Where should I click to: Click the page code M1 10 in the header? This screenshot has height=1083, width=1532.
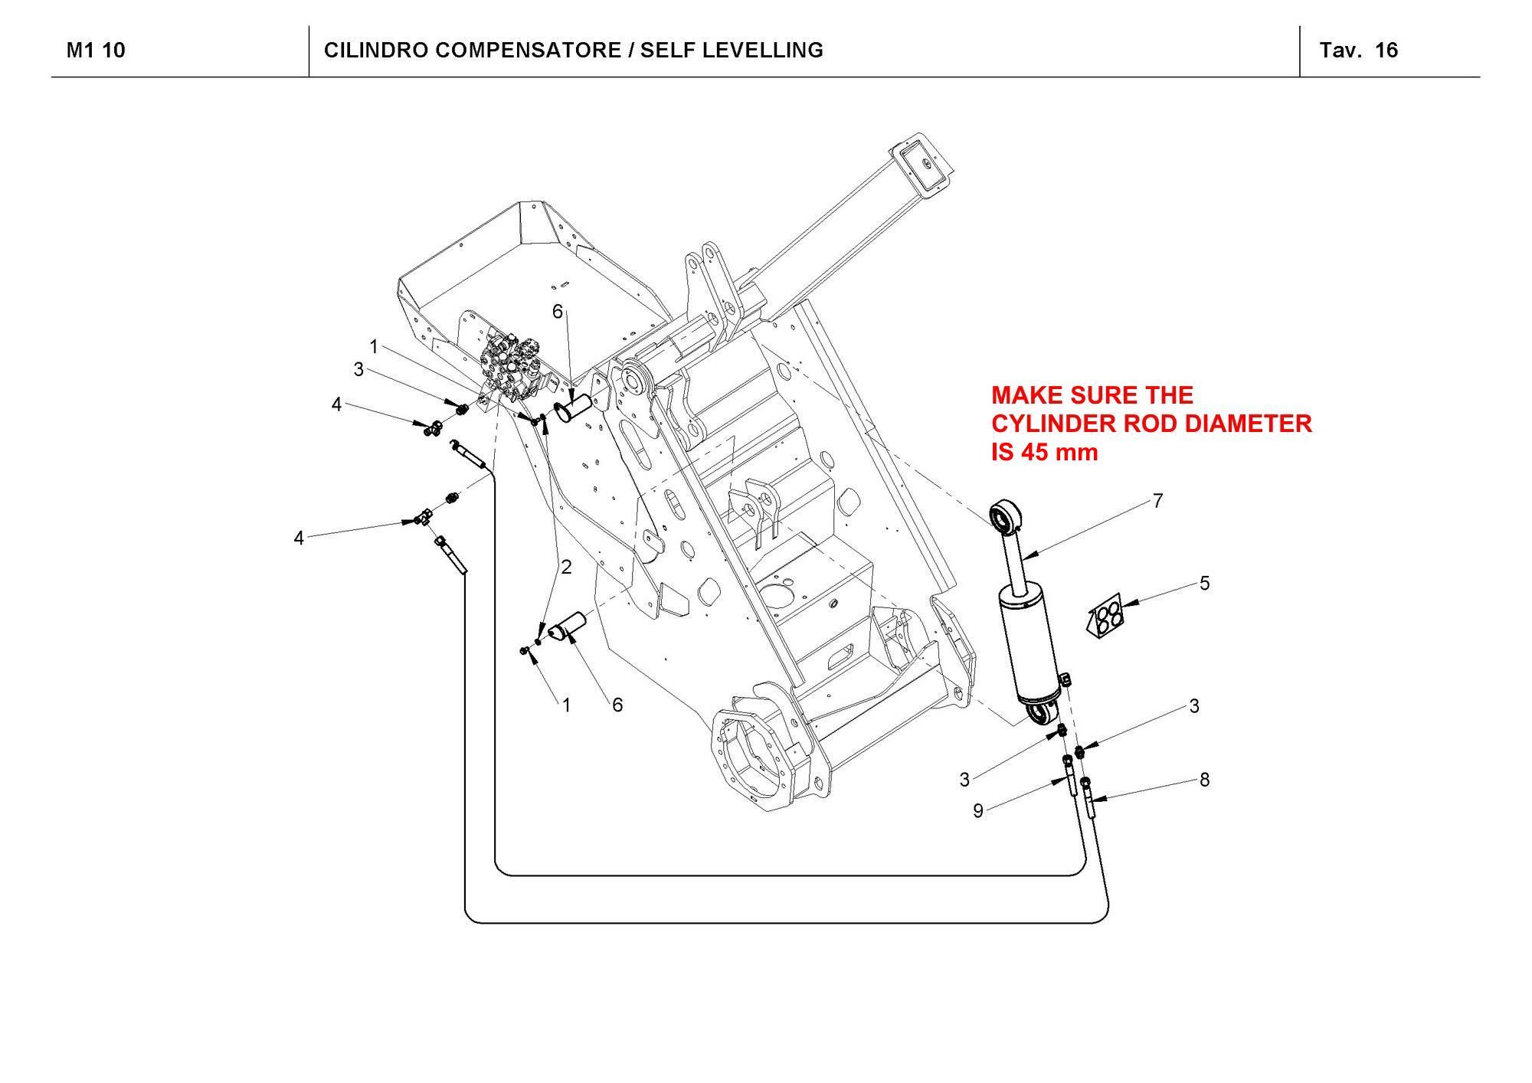click(96, 51)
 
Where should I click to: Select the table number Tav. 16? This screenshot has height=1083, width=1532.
click(1358, 51)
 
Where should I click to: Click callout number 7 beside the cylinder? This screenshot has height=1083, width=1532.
click(1157, 501)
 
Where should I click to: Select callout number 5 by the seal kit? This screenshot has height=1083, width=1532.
click(1204, 584)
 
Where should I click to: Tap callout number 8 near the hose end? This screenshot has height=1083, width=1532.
click(1204, 780)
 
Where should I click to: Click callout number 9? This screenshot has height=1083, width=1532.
click(977, 810)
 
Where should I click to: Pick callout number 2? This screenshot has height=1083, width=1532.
click(566, 568)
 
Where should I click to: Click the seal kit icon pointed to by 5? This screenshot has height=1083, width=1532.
click(1105, 617)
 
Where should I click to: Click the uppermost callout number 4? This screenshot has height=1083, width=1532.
click(336, 404)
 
